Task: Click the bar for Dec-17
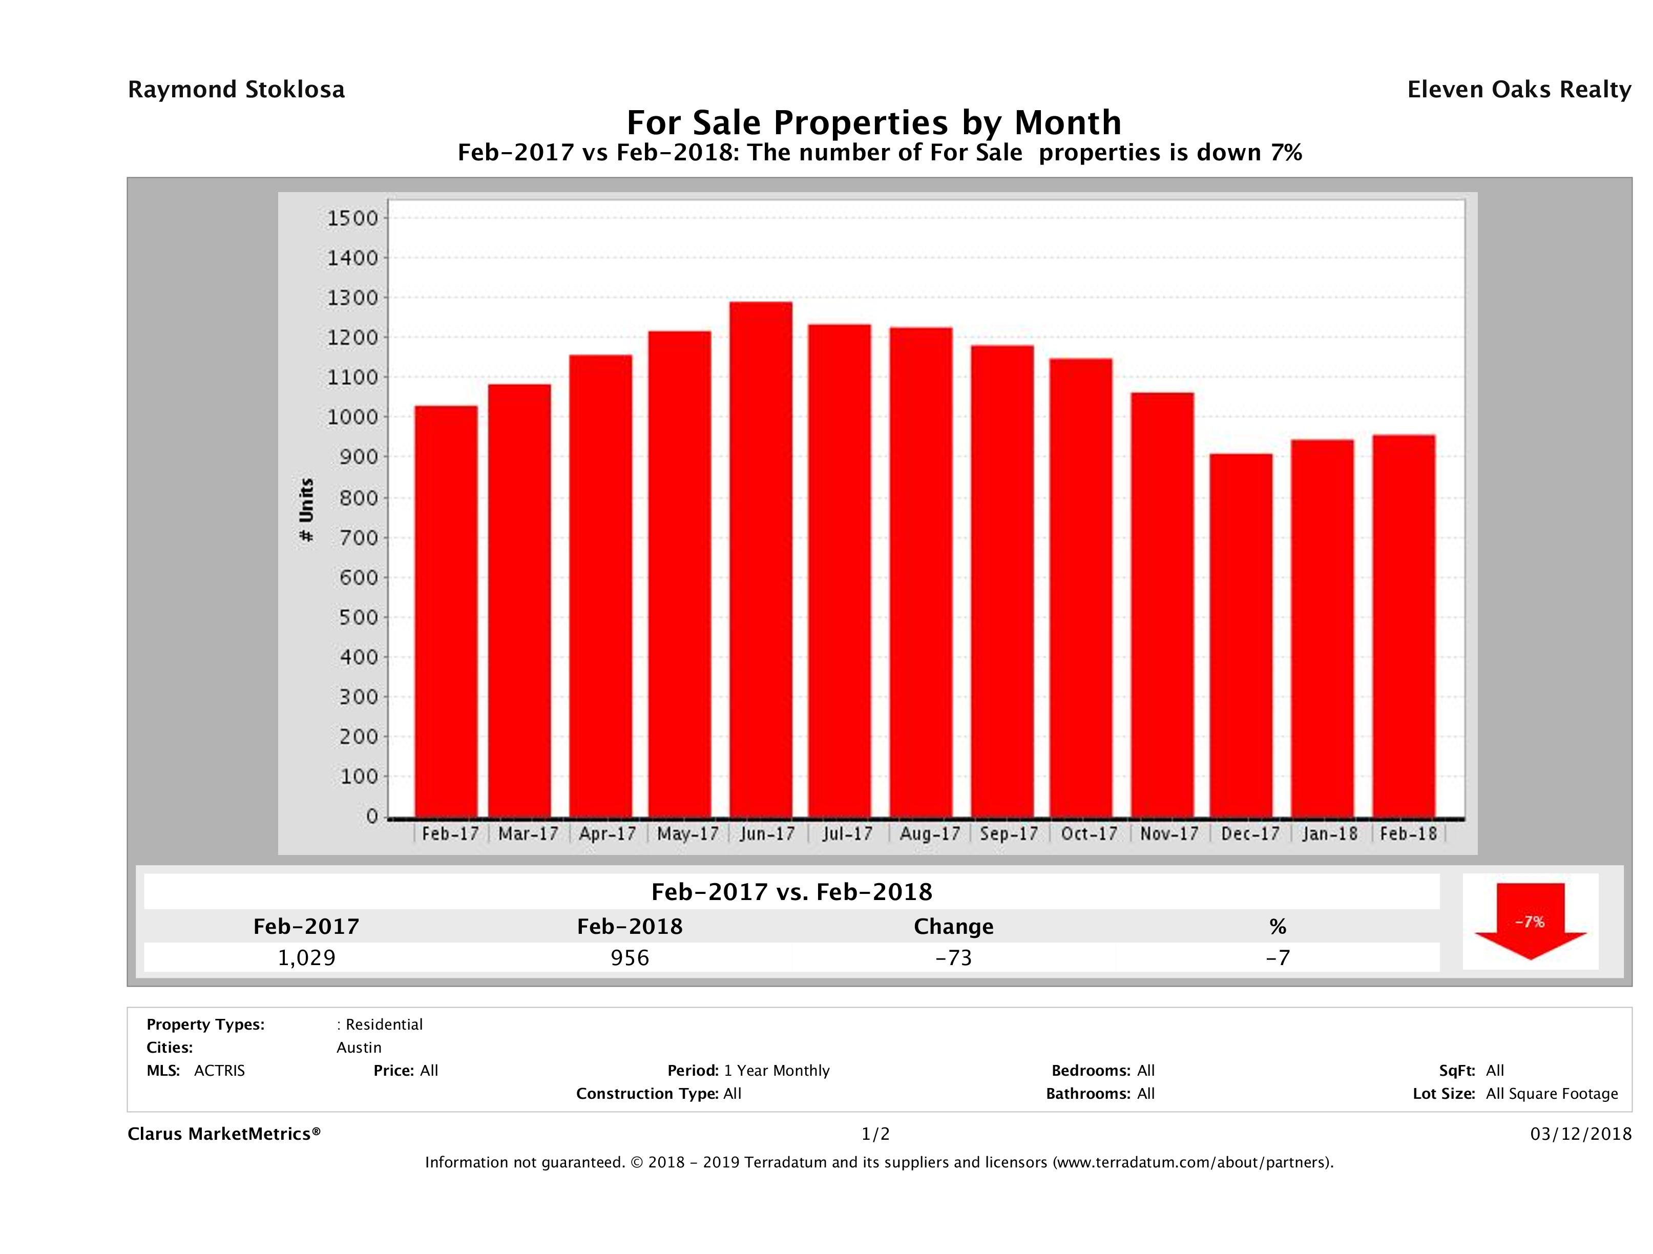tap(1241, 635)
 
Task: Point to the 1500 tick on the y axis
tap(353, 218)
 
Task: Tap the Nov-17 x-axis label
tap(1169, 833)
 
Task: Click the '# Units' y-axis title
tap(306, 510)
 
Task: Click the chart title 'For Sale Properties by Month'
tap(873, 122)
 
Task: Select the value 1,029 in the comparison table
tap(306, 957)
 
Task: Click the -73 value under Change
tap(954, 957)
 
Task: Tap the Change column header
tap(954, 927)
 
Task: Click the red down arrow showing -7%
tap(1530, 922)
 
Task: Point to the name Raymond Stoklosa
tap(236, 90)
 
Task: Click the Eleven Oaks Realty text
tap(1518, 90)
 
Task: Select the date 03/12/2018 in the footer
tap(1580, 1134)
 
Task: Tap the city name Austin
tap(359, 1048)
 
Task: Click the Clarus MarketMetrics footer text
tap(224, 1134)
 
